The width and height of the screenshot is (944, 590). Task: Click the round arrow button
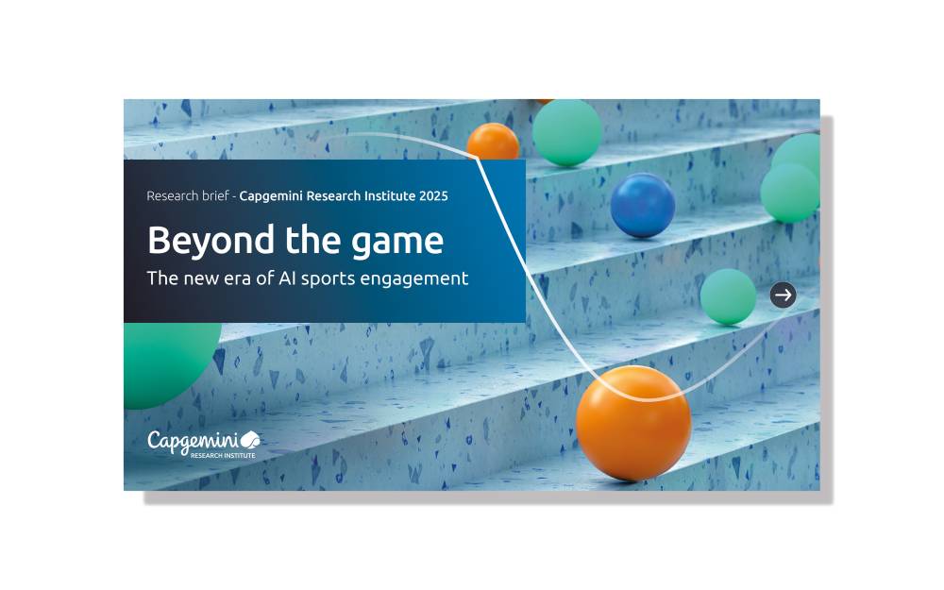(x=783, y=295)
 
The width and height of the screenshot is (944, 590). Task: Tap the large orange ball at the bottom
(x=633, y=423)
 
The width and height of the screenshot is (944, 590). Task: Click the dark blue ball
(x=642, y=205)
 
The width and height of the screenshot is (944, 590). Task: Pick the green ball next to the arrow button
(x=728, y=296)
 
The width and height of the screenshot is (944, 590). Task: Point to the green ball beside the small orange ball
(x=566, y=132)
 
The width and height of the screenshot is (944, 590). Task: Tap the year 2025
(x=430, y=196)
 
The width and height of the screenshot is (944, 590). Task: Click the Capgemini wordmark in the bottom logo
(x=192, y=441)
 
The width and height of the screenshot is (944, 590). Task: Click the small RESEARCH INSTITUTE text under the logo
(x=222, y=455)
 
